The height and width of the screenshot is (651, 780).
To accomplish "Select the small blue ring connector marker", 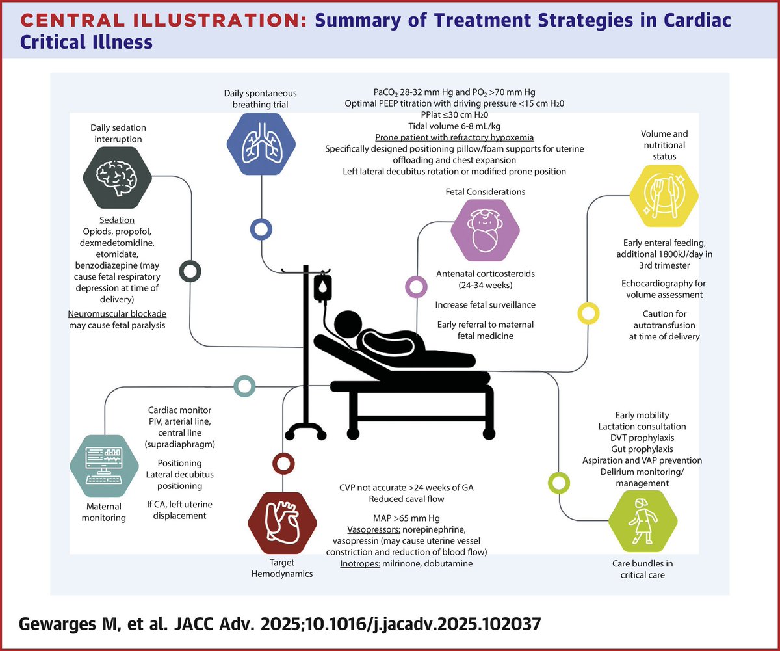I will [x=261, y=229].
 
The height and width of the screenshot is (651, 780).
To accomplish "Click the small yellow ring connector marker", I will [x=588, y=313].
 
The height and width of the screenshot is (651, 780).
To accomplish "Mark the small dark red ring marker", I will [x=283, y=462].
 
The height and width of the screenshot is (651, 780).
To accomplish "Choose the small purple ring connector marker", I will [x=415, y=286].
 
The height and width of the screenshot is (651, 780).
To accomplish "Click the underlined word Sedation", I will [x=118, y=220].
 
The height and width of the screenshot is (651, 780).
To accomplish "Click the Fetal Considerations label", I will [x=486, y=192].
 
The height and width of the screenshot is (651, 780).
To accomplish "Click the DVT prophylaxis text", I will [x=642, y=438].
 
